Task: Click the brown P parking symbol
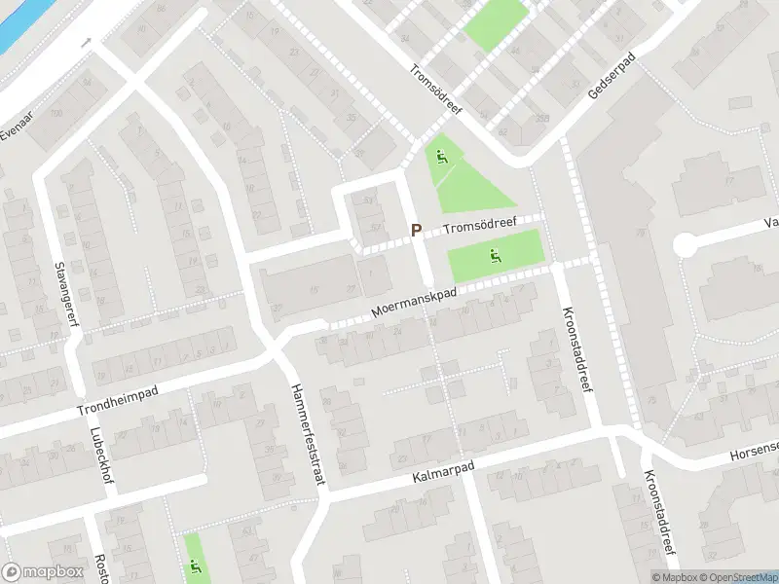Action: [x=416, y=231]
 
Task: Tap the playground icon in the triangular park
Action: [x=441, y=157]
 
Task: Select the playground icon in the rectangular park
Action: [x=495, y=257]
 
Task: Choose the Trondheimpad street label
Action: [x=118, y=400]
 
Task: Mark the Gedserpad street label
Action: [x=610, y=78]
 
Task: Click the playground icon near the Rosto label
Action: [x=196, y=567]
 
